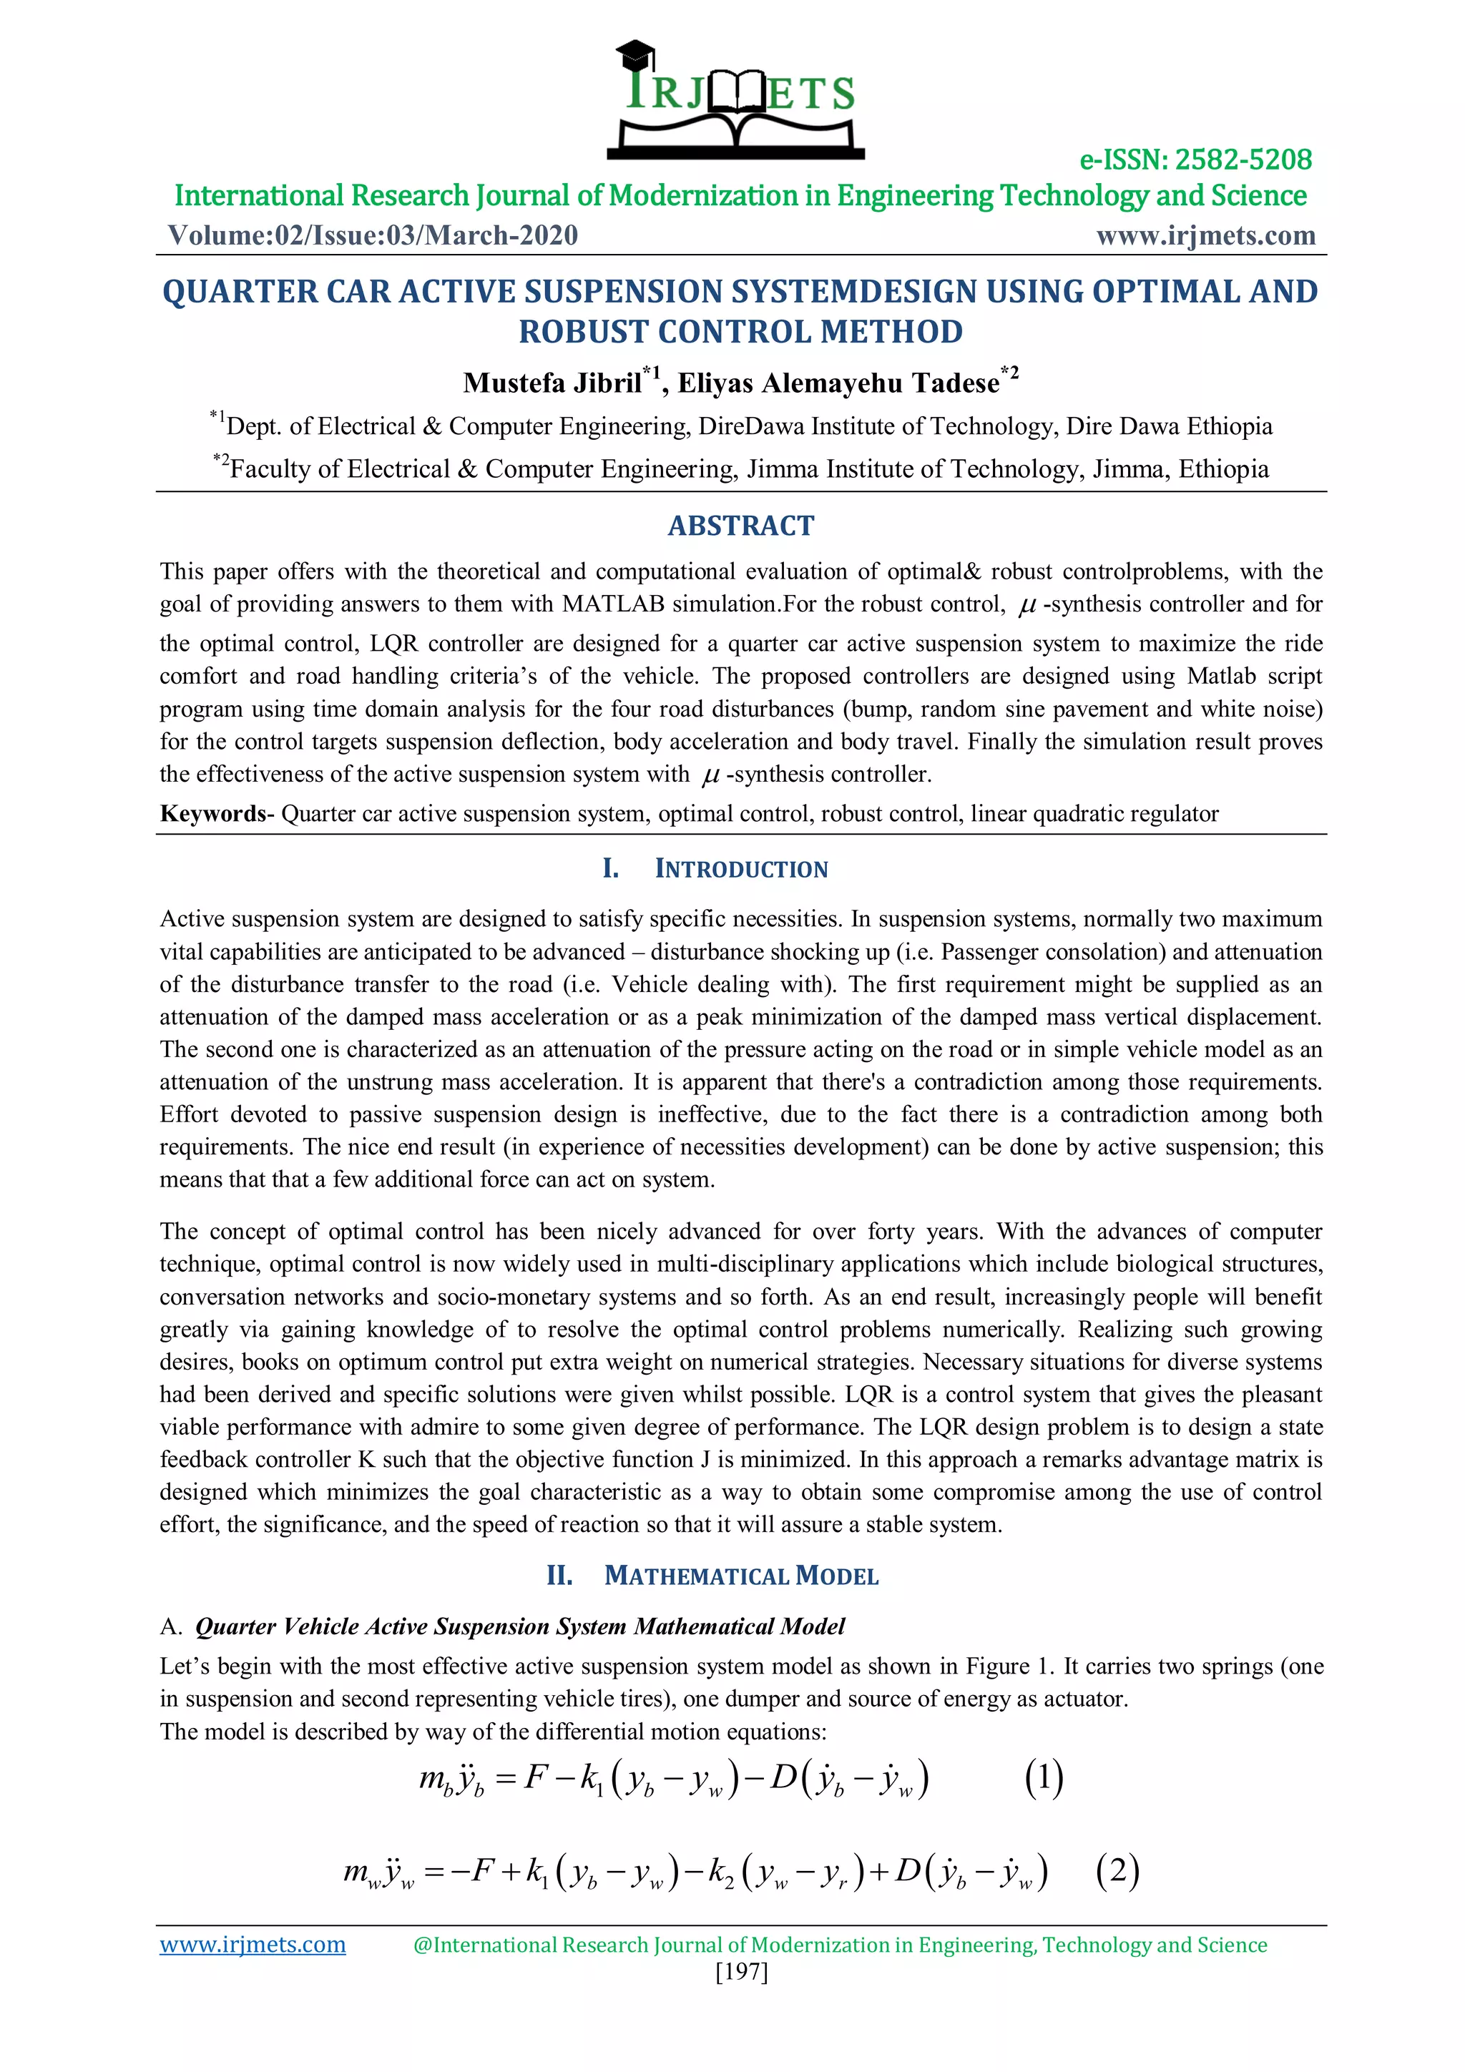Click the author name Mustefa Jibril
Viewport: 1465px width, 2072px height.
tap(552, 383)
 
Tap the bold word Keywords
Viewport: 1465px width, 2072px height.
tap(213, 813)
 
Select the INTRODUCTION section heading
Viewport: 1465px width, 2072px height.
tap(740, 869)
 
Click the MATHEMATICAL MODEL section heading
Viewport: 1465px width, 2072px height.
tap(740, 1576)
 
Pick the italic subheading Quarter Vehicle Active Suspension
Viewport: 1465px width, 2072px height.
tap(519, 1626)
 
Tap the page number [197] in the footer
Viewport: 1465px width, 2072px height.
tap(740, 1971)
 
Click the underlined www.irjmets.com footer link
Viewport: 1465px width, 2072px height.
tap(253, 1945)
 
